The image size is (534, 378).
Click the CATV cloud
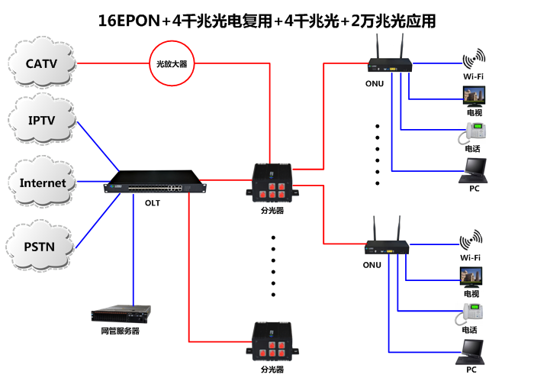pos(42,62)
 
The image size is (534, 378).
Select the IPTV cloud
pos(42,121)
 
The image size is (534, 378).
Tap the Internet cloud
pos(43,183)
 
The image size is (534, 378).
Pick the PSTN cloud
pos(41,245)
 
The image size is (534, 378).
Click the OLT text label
pos(152,203)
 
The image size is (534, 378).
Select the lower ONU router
pos(387,245)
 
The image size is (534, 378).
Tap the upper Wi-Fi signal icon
pos(473,60)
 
